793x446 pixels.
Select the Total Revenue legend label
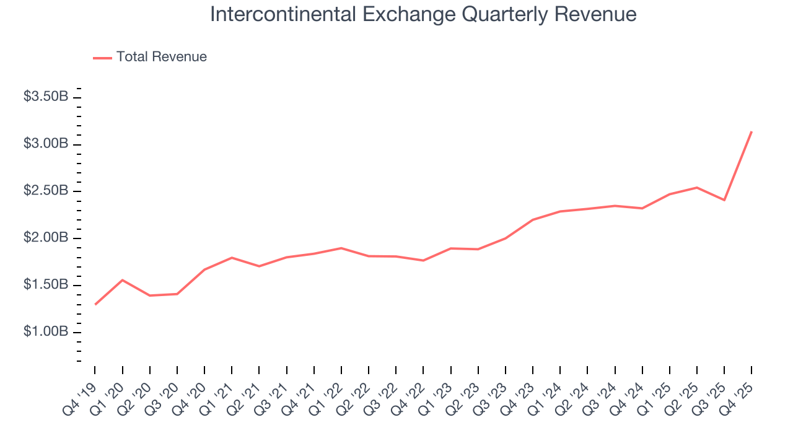click(161, 57)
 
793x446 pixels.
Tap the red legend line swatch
click(102, 58)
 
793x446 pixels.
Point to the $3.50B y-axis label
click(46, 97)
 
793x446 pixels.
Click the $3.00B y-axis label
click(46, 144)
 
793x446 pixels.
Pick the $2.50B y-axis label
click(46, 191)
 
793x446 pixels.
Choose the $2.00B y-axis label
click(46, 238)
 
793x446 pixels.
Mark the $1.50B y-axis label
click(46, 286)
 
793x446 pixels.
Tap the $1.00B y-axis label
click(46, 333)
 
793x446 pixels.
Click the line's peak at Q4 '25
click(751, 131)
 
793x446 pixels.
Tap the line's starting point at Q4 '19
click(95, 304)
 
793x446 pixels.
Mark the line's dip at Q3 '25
click(724, 200)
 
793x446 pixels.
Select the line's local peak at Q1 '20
click(122, 280)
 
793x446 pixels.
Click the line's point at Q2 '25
click(697, 188)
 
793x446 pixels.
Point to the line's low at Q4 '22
click(423, 260)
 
